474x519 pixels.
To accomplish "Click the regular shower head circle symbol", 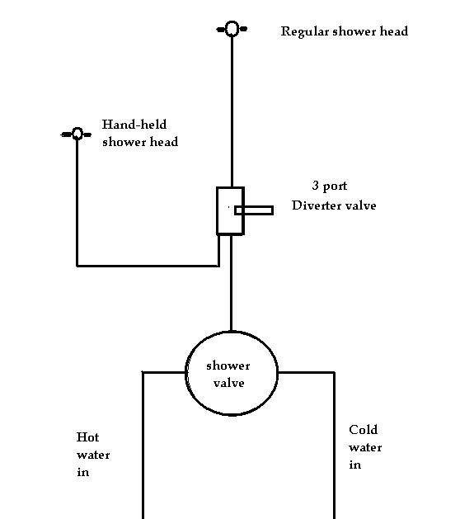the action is click(x=232, y=22).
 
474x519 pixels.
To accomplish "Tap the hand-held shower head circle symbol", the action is click(x=77, y=129).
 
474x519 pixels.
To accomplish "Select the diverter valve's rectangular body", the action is click(x=218, y=211).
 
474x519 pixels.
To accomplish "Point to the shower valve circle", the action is click(x=186, y=373).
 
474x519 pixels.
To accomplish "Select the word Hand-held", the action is click(x=134, y=125).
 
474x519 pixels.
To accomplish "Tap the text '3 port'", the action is click(x=330, y=186).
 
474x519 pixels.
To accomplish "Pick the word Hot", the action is click(x=87, y=437).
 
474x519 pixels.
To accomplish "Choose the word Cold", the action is click(x=364, y=430).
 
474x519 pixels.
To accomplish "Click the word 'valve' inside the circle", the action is click(x=229, y=384).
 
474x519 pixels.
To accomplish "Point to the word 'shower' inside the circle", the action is click(x=228, y=366).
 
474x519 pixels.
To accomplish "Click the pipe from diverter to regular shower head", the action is click(x=232, y=111).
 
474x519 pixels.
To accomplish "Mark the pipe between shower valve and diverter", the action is click(x=231, y=283).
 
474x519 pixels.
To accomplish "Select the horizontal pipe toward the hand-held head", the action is click(x=148, y=266).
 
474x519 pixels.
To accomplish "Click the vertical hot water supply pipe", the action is click(x=143, y=446).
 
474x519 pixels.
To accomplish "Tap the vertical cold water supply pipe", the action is click(x=334, y=446).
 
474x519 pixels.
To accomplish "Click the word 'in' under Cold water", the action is click(x=355, y=465).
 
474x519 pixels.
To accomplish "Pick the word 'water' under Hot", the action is click(x=93, y=455).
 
